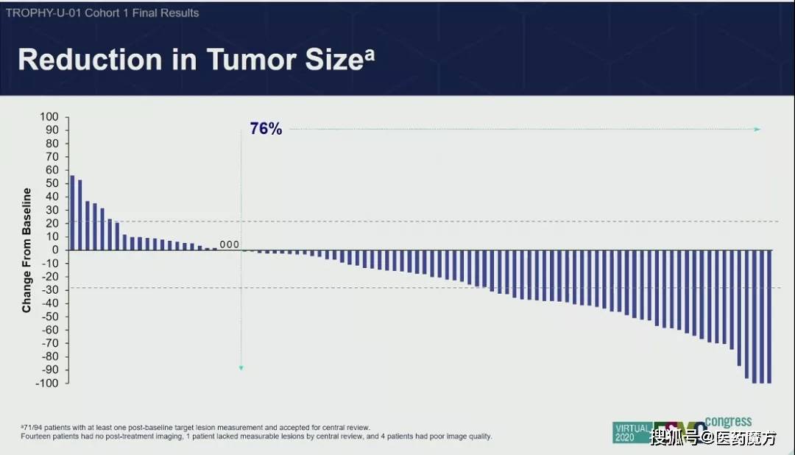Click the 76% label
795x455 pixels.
[266, 129]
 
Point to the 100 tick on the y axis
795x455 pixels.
[49, 117]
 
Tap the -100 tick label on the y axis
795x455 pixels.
[46, 383]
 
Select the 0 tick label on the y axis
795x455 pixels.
[54, 250]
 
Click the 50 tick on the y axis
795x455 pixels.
[51, 183]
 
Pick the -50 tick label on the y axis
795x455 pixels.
[49, 317]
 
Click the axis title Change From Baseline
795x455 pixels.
[26, 250]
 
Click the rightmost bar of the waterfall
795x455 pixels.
[768, 316]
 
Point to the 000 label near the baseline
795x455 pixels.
[230, 244]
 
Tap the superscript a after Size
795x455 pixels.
[369, 53]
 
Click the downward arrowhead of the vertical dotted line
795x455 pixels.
[241, 367]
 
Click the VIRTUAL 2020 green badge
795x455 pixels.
[632, 432]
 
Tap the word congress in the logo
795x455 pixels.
[729, 422]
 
